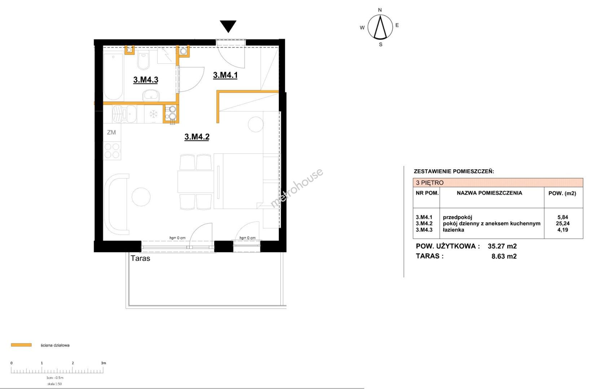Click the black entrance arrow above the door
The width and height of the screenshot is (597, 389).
tap(228, 26)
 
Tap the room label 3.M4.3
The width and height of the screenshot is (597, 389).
tap(146, 80)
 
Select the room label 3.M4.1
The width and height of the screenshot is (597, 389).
tap(225, 75)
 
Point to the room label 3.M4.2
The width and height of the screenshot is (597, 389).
tap(197, 137)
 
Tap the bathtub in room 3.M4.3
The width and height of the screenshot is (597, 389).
tap(113, 77)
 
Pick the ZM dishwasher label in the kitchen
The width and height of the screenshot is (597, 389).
tap(111, 132)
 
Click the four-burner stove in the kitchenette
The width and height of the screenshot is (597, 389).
tap(112, 151)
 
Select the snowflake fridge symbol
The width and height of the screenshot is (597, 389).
tap(153, 115)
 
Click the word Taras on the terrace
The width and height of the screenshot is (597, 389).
tap(140, 258)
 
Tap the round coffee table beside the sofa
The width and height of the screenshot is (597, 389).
tap(141, 197)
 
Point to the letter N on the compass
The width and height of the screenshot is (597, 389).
tap(380, 10)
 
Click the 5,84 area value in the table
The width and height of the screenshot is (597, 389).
tap(563, 218)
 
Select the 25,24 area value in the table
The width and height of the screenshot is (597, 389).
tap(563, 224)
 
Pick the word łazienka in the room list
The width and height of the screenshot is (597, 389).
tap(453, 230)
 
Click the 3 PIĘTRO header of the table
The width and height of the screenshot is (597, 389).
tap(430, 183)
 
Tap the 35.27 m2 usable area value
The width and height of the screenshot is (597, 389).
tap(502, 246)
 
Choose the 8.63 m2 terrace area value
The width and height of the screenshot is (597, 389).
tap(504, 256)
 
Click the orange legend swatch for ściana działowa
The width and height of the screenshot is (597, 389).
tap(21, 345)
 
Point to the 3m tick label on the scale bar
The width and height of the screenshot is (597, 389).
tap(104, 363)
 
